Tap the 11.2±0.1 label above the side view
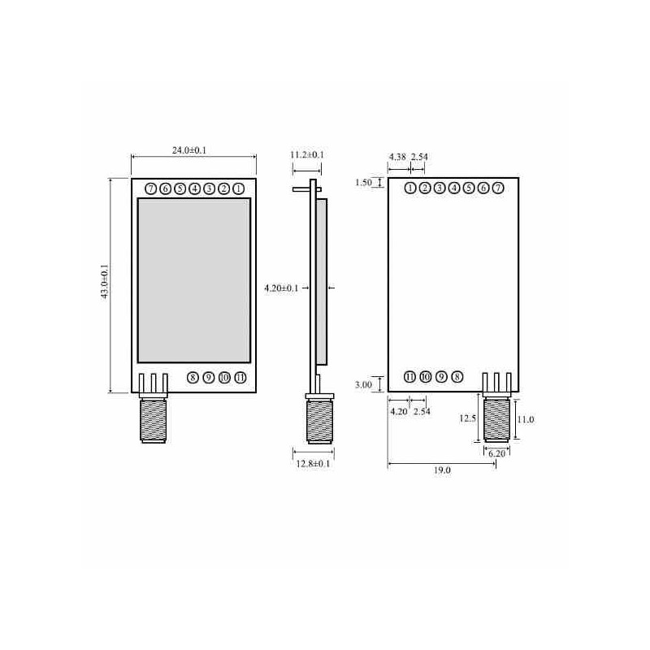pos(307,154)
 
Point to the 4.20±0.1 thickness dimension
pos(281,288)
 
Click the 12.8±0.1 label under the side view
pos(313,463)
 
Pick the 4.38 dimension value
pos(397,156)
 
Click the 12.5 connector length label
pos(466,418)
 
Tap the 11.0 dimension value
pos(526,419)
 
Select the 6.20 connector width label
pos(497,454)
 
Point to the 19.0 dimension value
pos(443,470)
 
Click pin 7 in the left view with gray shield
pos(150,188)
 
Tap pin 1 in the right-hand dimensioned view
pos(410,188)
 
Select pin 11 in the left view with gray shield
pos(239,377)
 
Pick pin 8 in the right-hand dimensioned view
pos(457,377)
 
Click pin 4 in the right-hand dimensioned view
pos(454,188)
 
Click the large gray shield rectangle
pos(193,280)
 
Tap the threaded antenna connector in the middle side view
pos(318,421)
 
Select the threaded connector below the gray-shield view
pos(153,421)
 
